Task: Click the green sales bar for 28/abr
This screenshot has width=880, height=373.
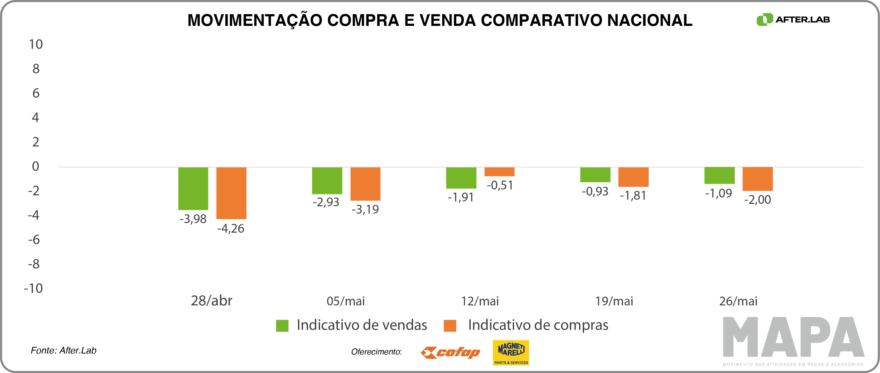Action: [193, 188]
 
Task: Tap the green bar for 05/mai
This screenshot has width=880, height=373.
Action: [327, 180]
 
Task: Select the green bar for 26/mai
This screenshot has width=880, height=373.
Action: [719, 175]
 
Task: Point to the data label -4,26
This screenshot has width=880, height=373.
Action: [231, 228]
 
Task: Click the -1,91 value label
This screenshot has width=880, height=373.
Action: [461, 197]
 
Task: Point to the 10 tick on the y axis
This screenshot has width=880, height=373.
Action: [36, 44]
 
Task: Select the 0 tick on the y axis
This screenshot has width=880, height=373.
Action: [36, 167]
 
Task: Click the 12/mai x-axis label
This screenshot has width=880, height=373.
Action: [480, 301]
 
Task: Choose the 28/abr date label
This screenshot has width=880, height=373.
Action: [211, 301]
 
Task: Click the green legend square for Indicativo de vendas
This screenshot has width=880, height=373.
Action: [282, 325]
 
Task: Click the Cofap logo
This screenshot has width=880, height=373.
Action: [450, 352]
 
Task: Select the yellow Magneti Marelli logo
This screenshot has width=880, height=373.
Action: [511, 352]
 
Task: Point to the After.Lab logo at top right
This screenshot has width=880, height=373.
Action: [793, 20]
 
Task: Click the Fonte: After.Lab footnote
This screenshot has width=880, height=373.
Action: [64, 350]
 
